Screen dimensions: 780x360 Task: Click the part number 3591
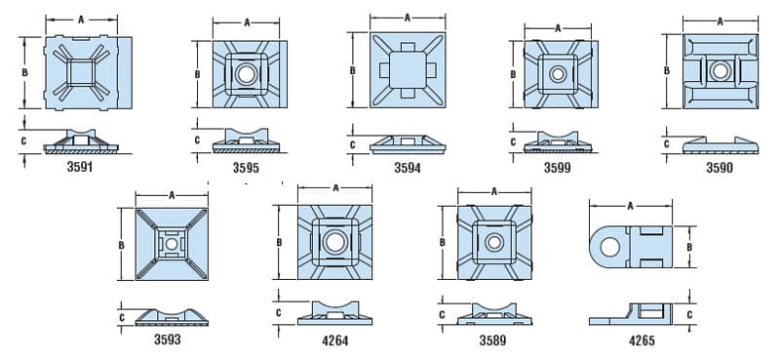pyautogui.click(x=80, y=167)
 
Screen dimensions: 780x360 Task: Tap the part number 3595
pyautogui.click(x=246, y=168)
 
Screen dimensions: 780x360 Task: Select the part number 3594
pyautogui.click(x=408, y=168)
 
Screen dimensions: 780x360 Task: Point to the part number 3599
pyautogui.click(x=557, y=168)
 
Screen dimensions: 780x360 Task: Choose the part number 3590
pyautogui.click(x=720, y=168)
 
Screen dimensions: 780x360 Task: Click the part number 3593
pyautogui.click(x=167, y=340)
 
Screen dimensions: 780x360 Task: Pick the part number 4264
pyautogui.click(x=334, y=340)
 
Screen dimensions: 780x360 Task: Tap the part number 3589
pyautogui.click(x=493, y=340)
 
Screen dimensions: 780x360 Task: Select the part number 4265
pyautogui.click(x=642, y=340)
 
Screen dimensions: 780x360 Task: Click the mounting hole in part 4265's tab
pyautogui.click(x=610, y=247)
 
